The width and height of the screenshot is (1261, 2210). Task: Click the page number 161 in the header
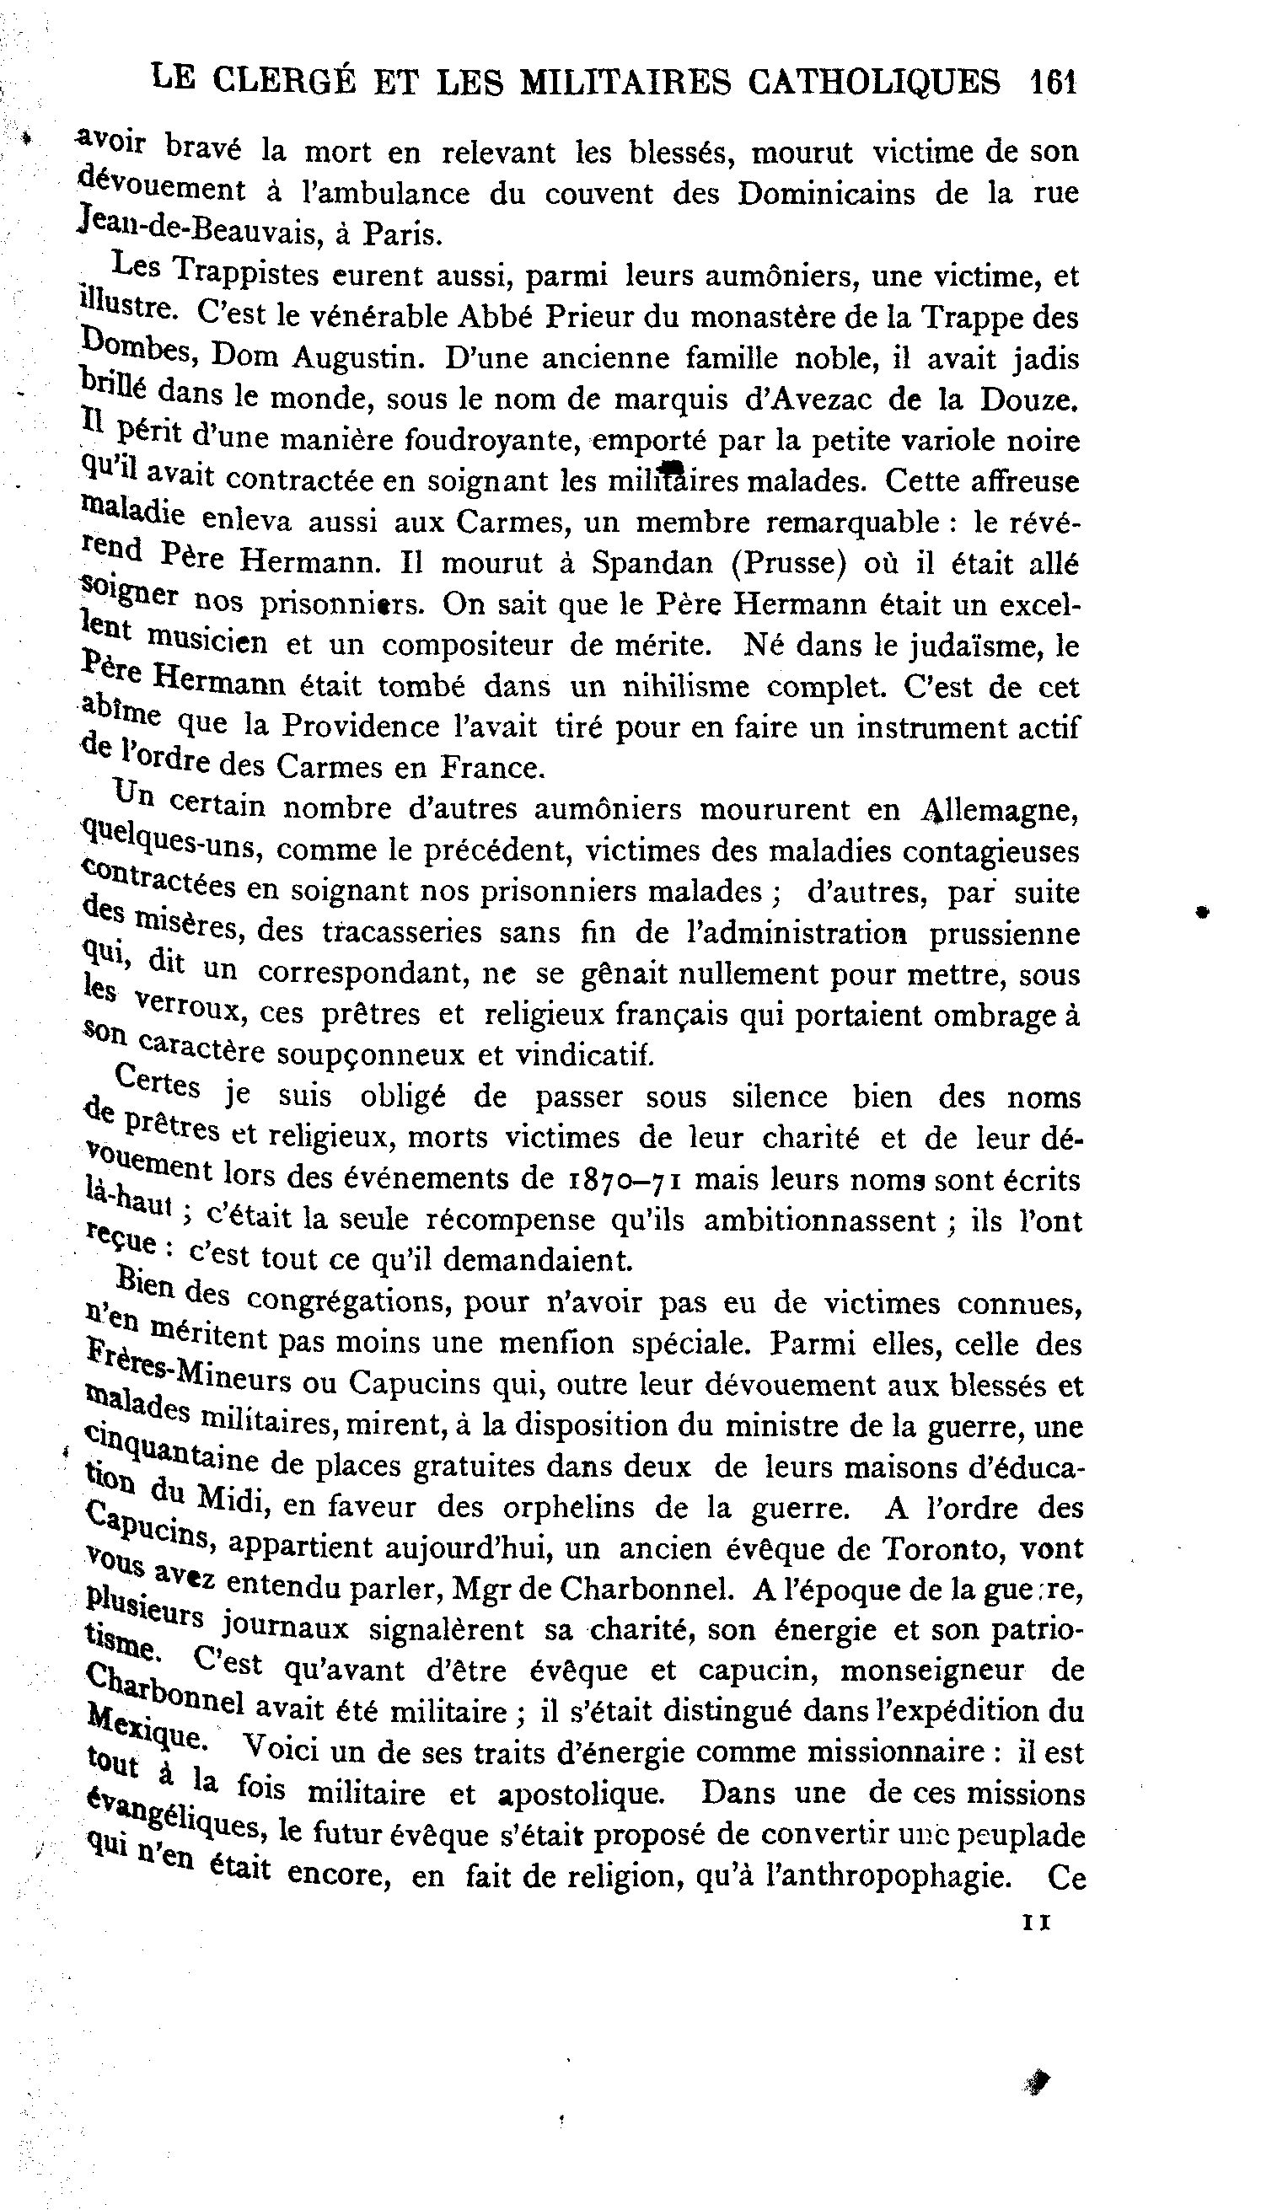pos(1052,83)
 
